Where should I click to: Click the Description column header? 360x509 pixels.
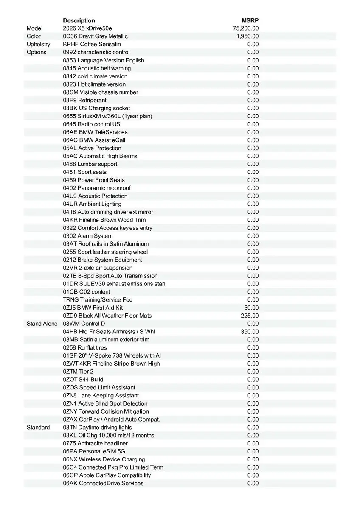pyautogui.click(x=79, y=20)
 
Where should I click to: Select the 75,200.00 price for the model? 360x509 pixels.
pyautogui.click(x=246, y=28)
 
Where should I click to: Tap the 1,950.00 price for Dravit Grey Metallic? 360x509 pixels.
pyautogui.click(x=247, y=36)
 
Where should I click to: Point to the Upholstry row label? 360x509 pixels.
pyautogui.click(x=38, y=44)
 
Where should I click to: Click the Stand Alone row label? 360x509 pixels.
pyautogui.click(x=42, y=324)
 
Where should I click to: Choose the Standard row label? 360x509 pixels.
pyautogui.click(x=38, y=427)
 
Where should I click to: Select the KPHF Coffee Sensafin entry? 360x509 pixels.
pyautogui.click(x=92, y=44)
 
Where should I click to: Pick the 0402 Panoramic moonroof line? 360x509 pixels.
pyautogui.click(x=97, y=188)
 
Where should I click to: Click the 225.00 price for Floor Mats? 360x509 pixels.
pyautogui.click(x=250, y=316)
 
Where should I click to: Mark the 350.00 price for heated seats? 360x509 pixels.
pyautogui.click(x=250, y=332)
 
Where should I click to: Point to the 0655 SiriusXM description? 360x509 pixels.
pyautogui.click(x=107, y=116)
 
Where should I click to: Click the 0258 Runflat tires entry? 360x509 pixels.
pyautogui.click(x=85, y=347)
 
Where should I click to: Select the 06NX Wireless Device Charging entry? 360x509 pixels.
pyautogui.click(x=104, y=459)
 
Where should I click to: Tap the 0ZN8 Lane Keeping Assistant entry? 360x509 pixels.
pyautogui.click(x=101, y=395)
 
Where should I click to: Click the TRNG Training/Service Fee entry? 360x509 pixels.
pyautogui.click(x=98, y=299)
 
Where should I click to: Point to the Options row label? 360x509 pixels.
pyautogui.click(x=37, y=52)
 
